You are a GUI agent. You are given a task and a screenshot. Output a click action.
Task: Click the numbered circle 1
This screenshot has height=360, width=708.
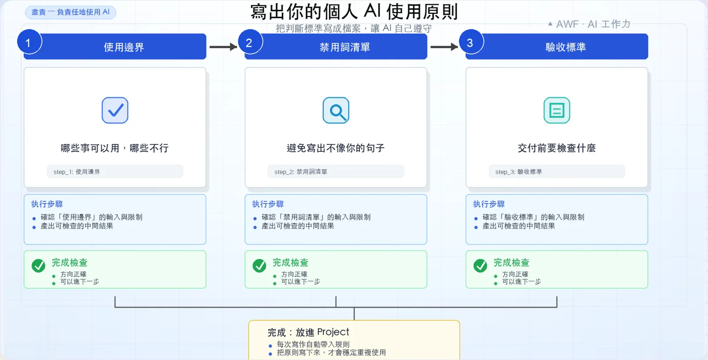click(29, 42)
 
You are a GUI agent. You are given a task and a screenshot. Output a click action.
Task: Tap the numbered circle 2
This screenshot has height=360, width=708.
click(250, 42)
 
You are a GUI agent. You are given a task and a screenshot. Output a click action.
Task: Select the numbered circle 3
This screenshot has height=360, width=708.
click(471, 42)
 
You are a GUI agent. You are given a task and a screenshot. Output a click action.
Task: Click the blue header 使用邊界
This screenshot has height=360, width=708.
click(115, 46)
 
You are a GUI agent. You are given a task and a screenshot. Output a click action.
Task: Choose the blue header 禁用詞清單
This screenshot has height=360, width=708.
click(336, 46)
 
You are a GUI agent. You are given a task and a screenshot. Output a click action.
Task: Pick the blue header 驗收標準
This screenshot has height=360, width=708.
click(557, 46)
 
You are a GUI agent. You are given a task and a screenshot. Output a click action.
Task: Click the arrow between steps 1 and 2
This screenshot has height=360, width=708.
click(223, 47)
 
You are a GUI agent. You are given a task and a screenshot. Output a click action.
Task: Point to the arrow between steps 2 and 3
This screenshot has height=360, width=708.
click(444, 47)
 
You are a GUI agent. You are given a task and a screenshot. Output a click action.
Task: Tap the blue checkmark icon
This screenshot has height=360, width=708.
click(115, 110)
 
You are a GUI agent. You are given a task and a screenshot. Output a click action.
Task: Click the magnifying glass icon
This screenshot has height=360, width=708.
click(336, 110)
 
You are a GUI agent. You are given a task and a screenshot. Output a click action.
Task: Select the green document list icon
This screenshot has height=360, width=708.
click(557, 110)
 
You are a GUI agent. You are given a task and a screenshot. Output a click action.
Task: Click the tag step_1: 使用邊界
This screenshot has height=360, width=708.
click(115, 171)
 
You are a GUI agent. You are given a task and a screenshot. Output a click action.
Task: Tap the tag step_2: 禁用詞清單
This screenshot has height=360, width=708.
click(336, 171)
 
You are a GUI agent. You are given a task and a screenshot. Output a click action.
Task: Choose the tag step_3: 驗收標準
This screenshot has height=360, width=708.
click(557, 171)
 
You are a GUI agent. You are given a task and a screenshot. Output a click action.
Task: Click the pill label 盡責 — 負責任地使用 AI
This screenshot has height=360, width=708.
click(70, 12)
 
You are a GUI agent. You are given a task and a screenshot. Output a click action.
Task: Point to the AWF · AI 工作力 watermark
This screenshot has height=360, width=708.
click(589, 24)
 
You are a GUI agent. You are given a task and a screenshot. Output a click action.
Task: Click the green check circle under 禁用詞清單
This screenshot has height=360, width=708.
click(259, 266)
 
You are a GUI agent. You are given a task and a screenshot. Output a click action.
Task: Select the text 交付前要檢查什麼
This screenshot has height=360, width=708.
click(557, 148)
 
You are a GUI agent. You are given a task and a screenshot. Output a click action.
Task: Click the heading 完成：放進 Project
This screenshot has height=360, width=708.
click(308, 332)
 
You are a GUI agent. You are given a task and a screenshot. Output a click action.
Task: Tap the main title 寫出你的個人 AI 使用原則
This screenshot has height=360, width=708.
click(354, 12)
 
